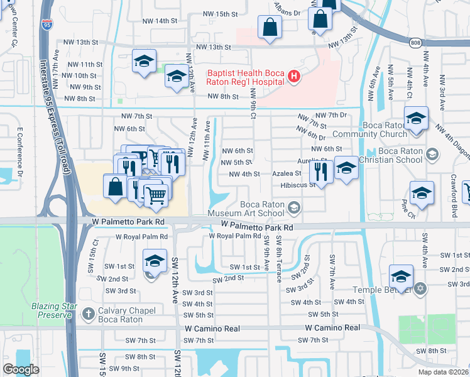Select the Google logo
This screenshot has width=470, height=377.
[x=21, y=369]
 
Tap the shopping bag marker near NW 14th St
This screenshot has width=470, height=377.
[x=270, y=28]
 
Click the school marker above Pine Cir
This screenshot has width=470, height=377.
[x=422, y=192]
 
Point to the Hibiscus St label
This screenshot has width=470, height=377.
[x=298, y=185]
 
